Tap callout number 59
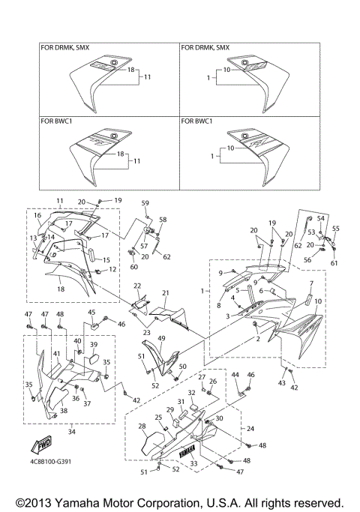coord(145,203)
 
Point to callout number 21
coord(165,293)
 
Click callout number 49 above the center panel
coord(161,338)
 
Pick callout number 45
coord(91,313)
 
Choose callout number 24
coord(250,430)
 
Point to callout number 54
coord(320,217)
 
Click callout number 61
coord(334,263)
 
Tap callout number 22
coord(137,286)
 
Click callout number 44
coord(235,374)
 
